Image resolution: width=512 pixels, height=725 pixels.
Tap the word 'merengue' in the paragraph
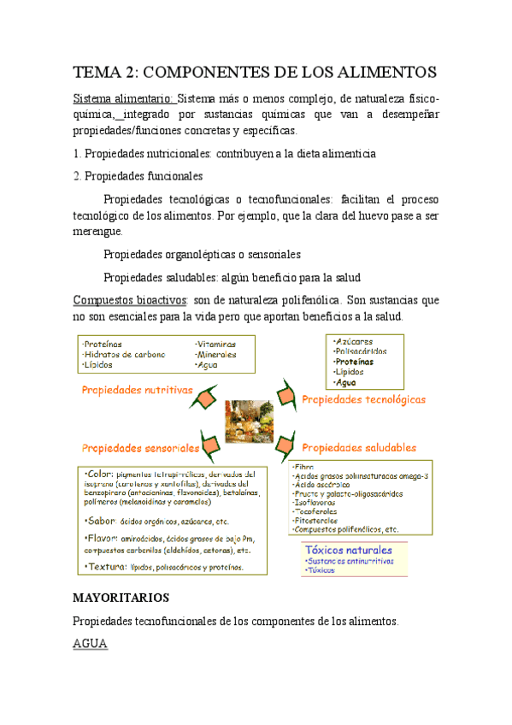pos(98,231)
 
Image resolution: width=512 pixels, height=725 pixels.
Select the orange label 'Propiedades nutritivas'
pos(137,390)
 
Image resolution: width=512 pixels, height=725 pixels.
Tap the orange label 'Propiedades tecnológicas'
pos(363,399)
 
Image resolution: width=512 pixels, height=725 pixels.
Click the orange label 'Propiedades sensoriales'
pos(140,447)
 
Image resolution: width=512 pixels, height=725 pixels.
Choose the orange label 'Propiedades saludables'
pos(359,447)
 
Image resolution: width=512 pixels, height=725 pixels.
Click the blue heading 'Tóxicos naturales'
pos(348,527)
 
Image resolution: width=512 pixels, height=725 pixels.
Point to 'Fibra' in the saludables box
pos(303,466)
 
